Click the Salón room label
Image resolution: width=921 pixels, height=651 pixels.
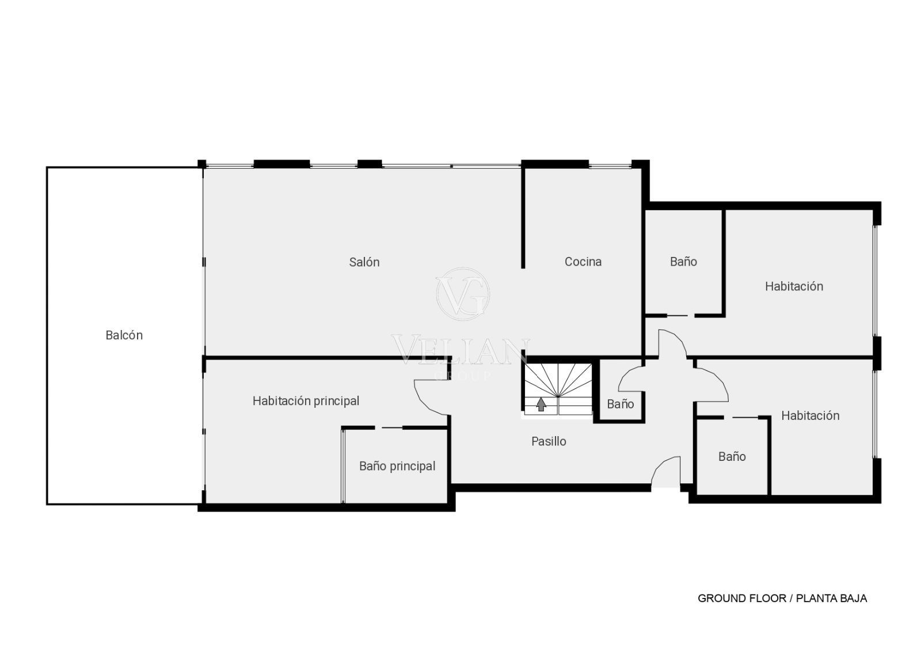click(x=364, y=262)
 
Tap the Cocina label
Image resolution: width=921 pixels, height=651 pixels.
click(x=583, y=262)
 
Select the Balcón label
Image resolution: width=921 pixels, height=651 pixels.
click(x=124, y=335)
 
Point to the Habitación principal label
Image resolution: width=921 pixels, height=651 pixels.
click(x=306, y=401)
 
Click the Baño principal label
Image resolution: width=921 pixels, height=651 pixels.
click(x=397, y=466)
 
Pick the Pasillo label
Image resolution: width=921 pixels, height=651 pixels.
click(x=549, y=441)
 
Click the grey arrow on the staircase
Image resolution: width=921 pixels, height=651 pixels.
click(x=541, y=404)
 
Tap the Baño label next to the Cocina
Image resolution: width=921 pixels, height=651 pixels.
click(x=683, y=262)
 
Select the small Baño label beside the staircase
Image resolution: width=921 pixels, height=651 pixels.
click(x=621, y=404)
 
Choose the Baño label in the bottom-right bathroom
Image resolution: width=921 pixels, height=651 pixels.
click(x=732, y=456)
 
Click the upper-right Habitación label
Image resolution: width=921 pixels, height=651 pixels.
click(x=794, y=286)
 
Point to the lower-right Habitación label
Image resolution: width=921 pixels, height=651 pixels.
click(x=810, y=415)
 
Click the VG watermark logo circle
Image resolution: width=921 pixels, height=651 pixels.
click(x=463, y=294)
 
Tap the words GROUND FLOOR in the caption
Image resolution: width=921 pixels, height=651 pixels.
click(x=742, y=599)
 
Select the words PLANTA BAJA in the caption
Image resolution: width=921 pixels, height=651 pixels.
click(x=831, y=599)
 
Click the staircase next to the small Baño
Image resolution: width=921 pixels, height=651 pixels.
click(x=558, y=389)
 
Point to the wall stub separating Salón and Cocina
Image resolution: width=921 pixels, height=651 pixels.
click(x=523, y=218)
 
